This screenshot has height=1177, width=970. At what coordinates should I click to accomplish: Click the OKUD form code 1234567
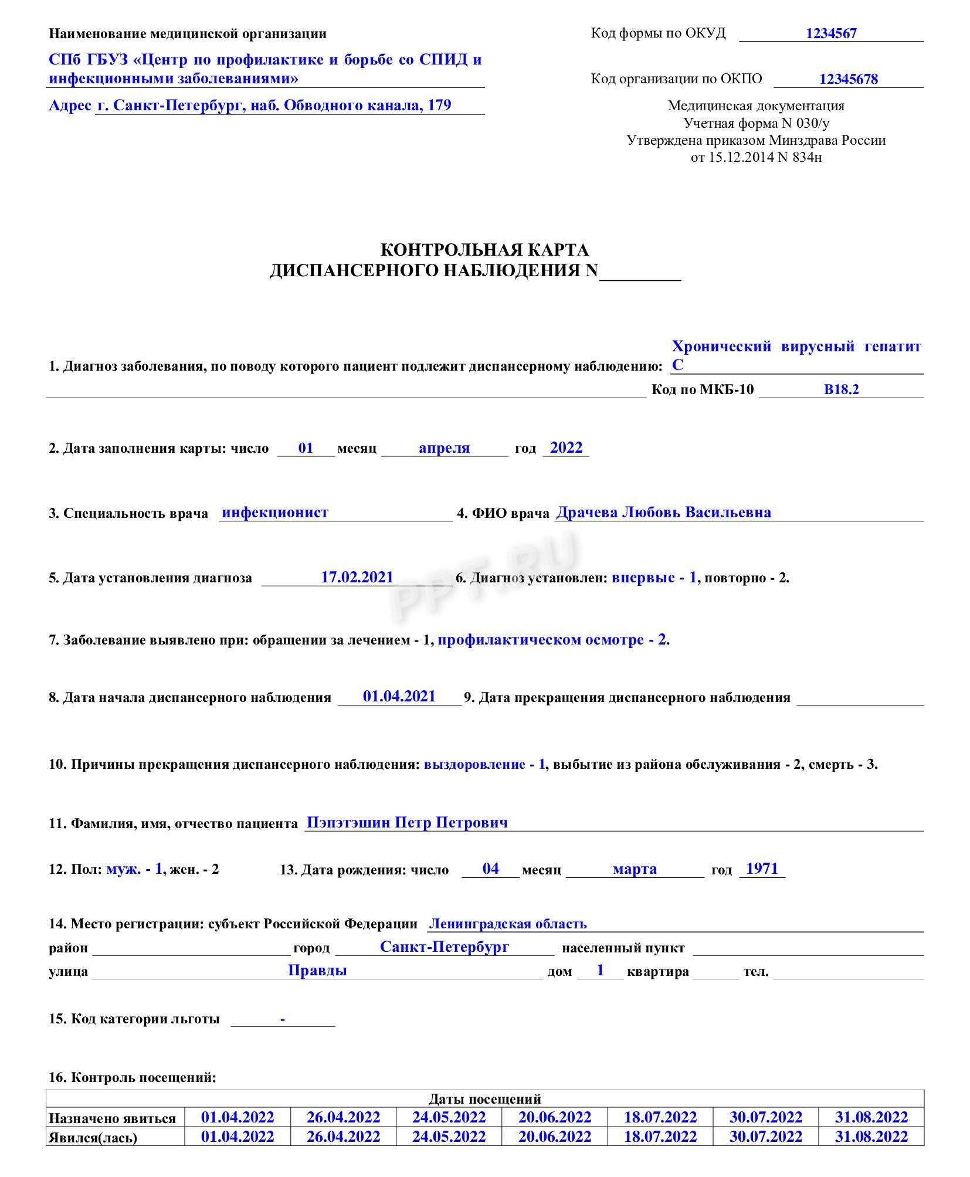[830, 33]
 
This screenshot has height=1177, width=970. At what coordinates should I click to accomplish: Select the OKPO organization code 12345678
[848, 79]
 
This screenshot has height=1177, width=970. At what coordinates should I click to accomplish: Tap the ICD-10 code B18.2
[841, 389]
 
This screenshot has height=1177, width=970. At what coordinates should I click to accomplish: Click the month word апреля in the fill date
[444, 448]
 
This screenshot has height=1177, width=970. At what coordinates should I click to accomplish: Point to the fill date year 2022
[566, 448]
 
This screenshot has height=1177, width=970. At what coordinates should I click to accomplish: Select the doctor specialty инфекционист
[275, 513]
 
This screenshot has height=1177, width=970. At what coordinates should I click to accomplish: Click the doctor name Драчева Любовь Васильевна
[663, 513]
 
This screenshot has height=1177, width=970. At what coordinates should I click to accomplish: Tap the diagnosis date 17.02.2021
[357, 577]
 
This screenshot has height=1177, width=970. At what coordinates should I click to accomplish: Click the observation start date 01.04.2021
[399, 696]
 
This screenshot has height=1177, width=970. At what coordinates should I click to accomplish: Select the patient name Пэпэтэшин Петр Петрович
[407, 822]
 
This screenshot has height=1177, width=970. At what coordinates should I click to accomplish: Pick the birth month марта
[635, 869]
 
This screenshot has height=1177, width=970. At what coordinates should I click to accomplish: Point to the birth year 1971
[762, 869]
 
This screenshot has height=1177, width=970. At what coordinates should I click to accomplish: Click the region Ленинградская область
[507, 924]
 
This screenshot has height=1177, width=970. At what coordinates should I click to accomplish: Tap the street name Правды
[317, 971]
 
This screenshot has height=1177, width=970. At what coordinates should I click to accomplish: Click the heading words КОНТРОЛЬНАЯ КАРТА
[484, 250]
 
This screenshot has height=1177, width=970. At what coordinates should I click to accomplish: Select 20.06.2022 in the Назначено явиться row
[554, 1117]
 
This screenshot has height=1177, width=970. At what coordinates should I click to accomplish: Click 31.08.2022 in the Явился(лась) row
[871, 1137]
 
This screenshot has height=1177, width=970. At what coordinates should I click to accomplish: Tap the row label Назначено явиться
[112, 1118]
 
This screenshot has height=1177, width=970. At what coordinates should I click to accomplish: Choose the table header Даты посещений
[484, 1099]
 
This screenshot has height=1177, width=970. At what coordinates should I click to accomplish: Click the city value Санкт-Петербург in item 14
[444, 947]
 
